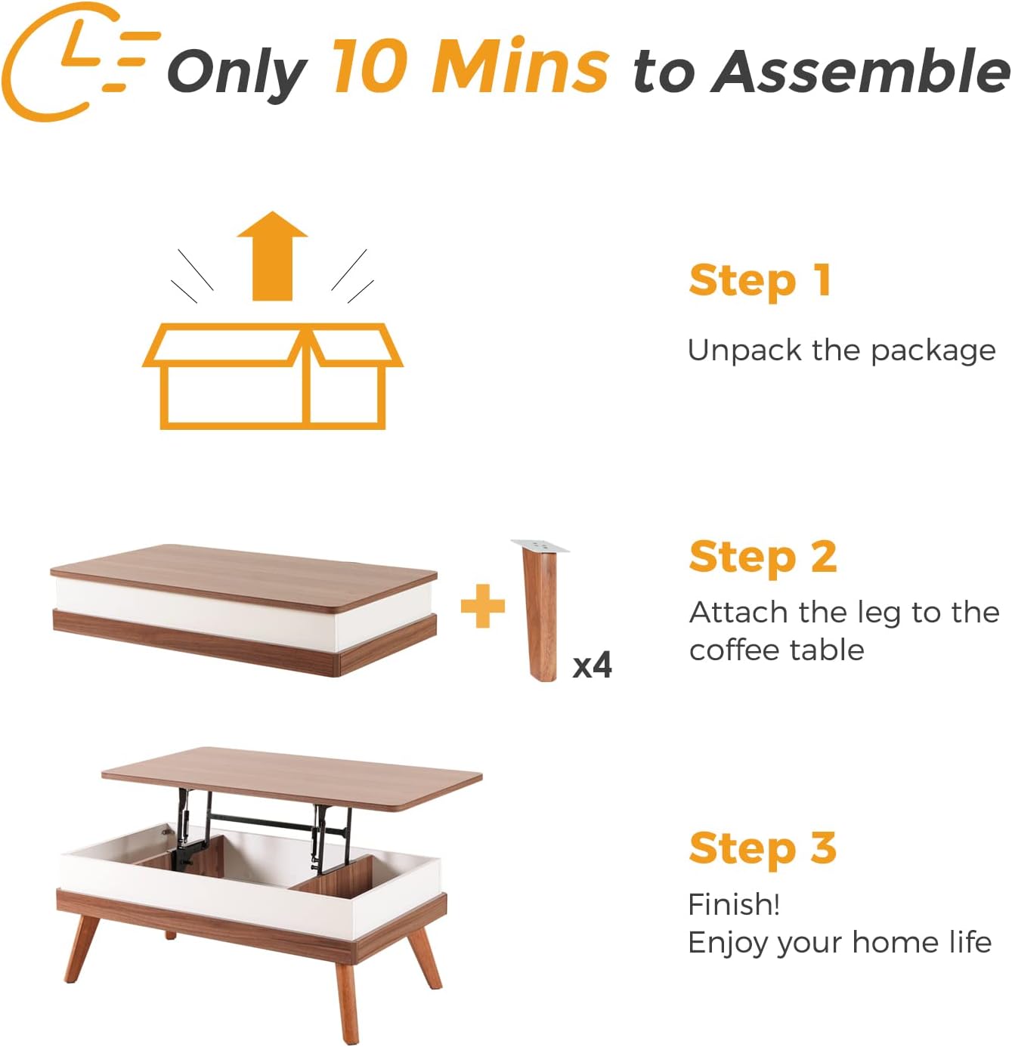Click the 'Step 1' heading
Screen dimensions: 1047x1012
[760, 281]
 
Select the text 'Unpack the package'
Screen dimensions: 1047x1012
[841, 351]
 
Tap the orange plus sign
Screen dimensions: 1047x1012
[483, 606]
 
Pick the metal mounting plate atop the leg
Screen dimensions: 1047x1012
[540, 545]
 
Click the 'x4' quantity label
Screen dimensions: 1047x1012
[592, 666]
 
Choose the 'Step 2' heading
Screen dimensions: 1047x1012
[763, 557]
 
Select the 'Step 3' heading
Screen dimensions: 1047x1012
[763, 848]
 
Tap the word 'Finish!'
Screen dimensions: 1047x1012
[734, 904]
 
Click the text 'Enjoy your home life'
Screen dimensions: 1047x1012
[839, 943]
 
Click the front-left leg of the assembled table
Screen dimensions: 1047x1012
[82, 947]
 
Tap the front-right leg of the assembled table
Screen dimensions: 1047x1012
[346, 997]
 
